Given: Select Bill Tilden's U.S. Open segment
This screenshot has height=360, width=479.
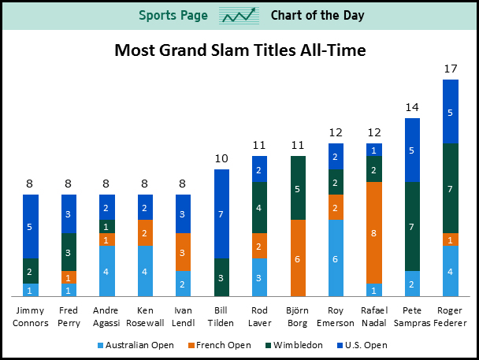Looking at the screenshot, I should (222, 213).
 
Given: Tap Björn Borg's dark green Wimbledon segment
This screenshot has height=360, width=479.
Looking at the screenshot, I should (298, 188).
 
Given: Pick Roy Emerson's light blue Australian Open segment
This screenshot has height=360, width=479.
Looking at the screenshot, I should (336, 258).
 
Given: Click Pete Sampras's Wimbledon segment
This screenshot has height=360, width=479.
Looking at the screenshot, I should (412, 226).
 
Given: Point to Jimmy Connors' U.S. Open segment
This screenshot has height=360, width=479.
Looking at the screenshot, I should (30, 226).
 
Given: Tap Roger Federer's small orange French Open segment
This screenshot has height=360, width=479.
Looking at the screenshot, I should (450, 239).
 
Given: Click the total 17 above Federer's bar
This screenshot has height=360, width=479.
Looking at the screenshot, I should (451, 69).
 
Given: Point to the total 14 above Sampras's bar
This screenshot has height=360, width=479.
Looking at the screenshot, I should (412, 107).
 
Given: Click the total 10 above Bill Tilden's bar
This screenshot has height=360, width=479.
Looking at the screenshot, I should (222, 158).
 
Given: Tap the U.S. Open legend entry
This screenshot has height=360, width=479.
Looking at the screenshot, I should (365, 345).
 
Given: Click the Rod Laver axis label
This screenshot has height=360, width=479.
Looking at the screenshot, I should (260, 317).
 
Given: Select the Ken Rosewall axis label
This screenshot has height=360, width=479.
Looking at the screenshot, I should (146, 317).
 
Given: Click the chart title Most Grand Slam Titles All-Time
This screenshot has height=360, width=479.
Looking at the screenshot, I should (239, 51).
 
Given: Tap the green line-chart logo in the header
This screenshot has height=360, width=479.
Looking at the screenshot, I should (240, 15).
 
